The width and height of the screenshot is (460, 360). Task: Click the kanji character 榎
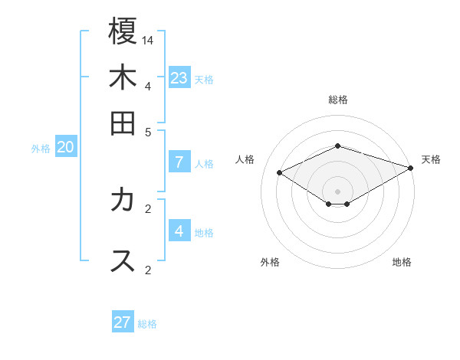(x=123, y=33)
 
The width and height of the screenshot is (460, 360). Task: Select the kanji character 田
(x=123, y=123)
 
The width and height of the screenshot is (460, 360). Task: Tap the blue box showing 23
(x=179, y=77)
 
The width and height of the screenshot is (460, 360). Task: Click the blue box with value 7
(x=179, y=162)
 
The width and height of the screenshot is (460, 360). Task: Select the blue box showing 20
(x=65, y=147)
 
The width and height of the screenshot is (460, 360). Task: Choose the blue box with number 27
(x=123, y=322)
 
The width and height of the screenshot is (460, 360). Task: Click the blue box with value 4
(x=179, y=231)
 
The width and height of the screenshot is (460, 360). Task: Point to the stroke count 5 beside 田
(x=149, y=131)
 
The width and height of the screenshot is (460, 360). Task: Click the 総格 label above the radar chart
(x=338, y=100)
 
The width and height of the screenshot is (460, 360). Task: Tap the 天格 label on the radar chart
(x=431, y=159)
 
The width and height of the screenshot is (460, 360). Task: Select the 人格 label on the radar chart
(x=245, y=159)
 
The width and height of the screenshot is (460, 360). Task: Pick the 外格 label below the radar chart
(x=270, y=262)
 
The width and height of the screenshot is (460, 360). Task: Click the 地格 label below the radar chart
(x=402, y=262)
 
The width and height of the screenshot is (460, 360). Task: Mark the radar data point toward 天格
(x=412, y=168)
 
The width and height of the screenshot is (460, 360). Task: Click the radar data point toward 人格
(x=280, y=173)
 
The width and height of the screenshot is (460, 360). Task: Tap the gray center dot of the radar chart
(x=338, y=191)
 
